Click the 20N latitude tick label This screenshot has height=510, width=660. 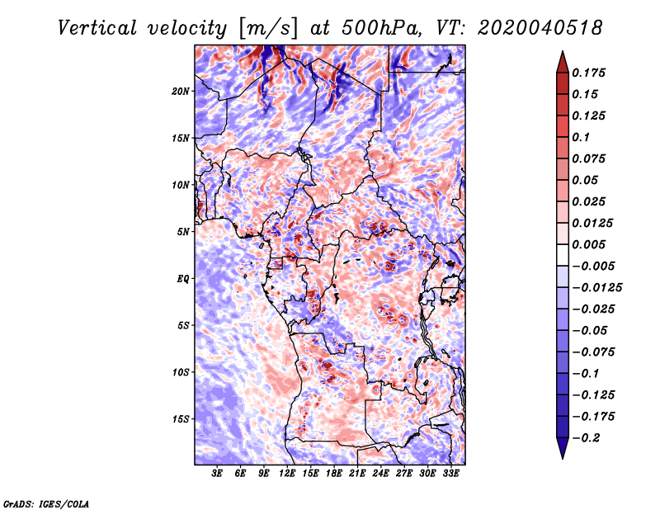(181, 91)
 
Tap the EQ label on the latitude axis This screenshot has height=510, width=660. (182, 278)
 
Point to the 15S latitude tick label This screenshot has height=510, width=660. (181, 419)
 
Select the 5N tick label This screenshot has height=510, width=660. (183, 232)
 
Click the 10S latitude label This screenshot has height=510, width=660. (181, 372)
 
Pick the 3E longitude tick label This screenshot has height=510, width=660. (217, 474)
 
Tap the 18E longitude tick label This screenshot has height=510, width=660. (333, 474)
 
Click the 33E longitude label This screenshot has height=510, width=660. (450, 474)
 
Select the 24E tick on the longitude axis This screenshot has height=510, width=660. (380, 474)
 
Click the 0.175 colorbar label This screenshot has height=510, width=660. (588, 73)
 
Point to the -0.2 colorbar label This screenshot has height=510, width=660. (586, 438)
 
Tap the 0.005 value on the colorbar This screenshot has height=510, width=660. (588, 244)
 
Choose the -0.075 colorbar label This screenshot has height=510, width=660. (593, 352)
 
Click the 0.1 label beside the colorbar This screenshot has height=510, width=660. (581, 137)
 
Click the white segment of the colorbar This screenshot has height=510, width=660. (563, 255)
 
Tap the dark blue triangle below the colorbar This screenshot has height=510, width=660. (563, 448)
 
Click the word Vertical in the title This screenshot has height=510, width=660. (97, 28)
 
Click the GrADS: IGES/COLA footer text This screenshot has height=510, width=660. (46, 503)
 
